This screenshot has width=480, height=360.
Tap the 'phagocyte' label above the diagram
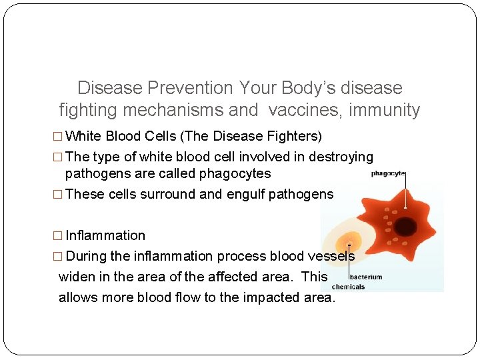[x=388, y=174]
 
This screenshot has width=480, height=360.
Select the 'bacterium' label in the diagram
[x=366, y=277]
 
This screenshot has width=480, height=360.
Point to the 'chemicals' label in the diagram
[x=348, y=287]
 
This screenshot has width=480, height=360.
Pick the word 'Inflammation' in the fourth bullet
[x=105, y=235]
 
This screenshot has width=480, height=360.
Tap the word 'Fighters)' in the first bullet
[x=293, y=137]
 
